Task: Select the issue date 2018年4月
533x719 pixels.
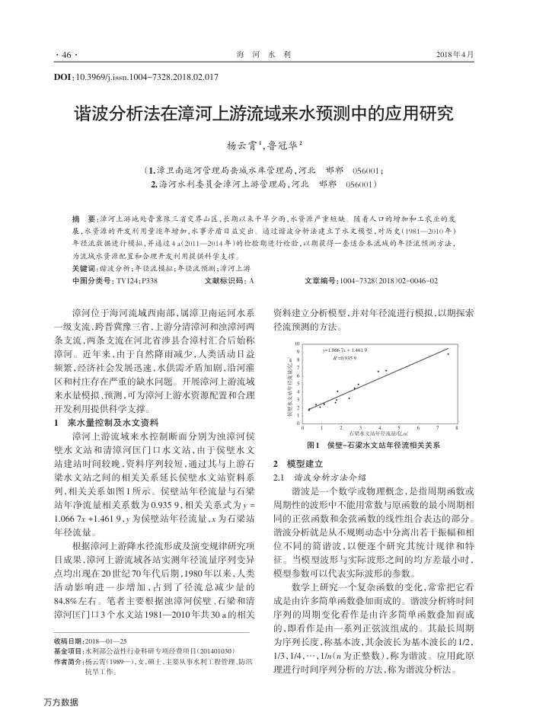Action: tap(455, 56)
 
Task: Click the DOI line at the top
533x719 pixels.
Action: tap(136, 78)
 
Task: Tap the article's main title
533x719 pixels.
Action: tap(266, 113)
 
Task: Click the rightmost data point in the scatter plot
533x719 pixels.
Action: tap(448, 353)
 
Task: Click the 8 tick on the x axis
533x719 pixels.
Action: tap(456, 429)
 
